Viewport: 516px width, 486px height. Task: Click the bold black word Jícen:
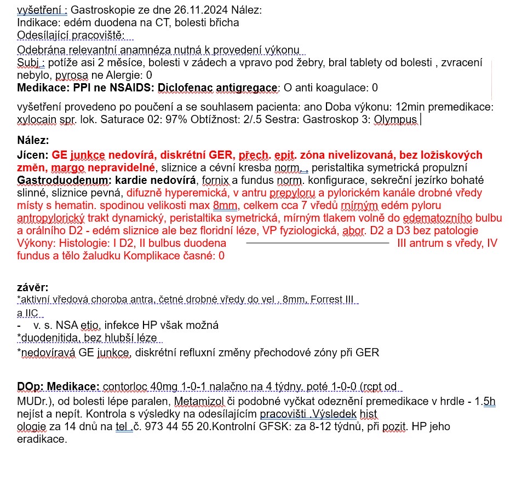tap(33, 155)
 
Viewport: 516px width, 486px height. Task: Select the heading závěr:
tap(32, 287)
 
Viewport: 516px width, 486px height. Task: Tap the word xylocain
tap(38, 119)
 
